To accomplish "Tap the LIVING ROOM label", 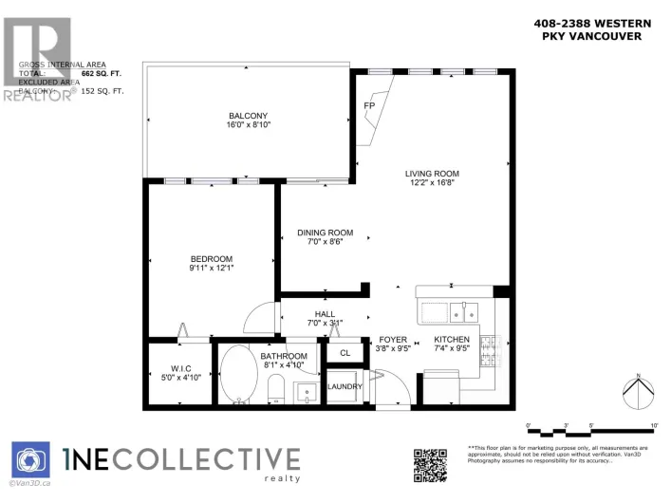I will coord(432,173).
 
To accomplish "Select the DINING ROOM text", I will coord(325,233).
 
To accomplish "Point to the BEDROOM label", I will coord(211,258).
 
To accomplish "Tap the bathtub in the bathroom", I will coord(238,376).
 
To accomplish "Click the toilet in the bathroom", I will coord(277,387).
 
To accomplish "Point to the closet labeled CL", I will coord(345,353).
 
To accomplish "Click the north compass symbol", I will coord(638,390).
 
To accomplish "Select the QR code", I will coord(431,465).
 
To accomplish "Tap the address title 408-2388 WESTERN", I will coord(583,25).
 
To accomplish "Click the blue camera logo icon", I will coord(30,462).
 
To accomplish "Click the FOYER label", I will coord(393,339).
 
